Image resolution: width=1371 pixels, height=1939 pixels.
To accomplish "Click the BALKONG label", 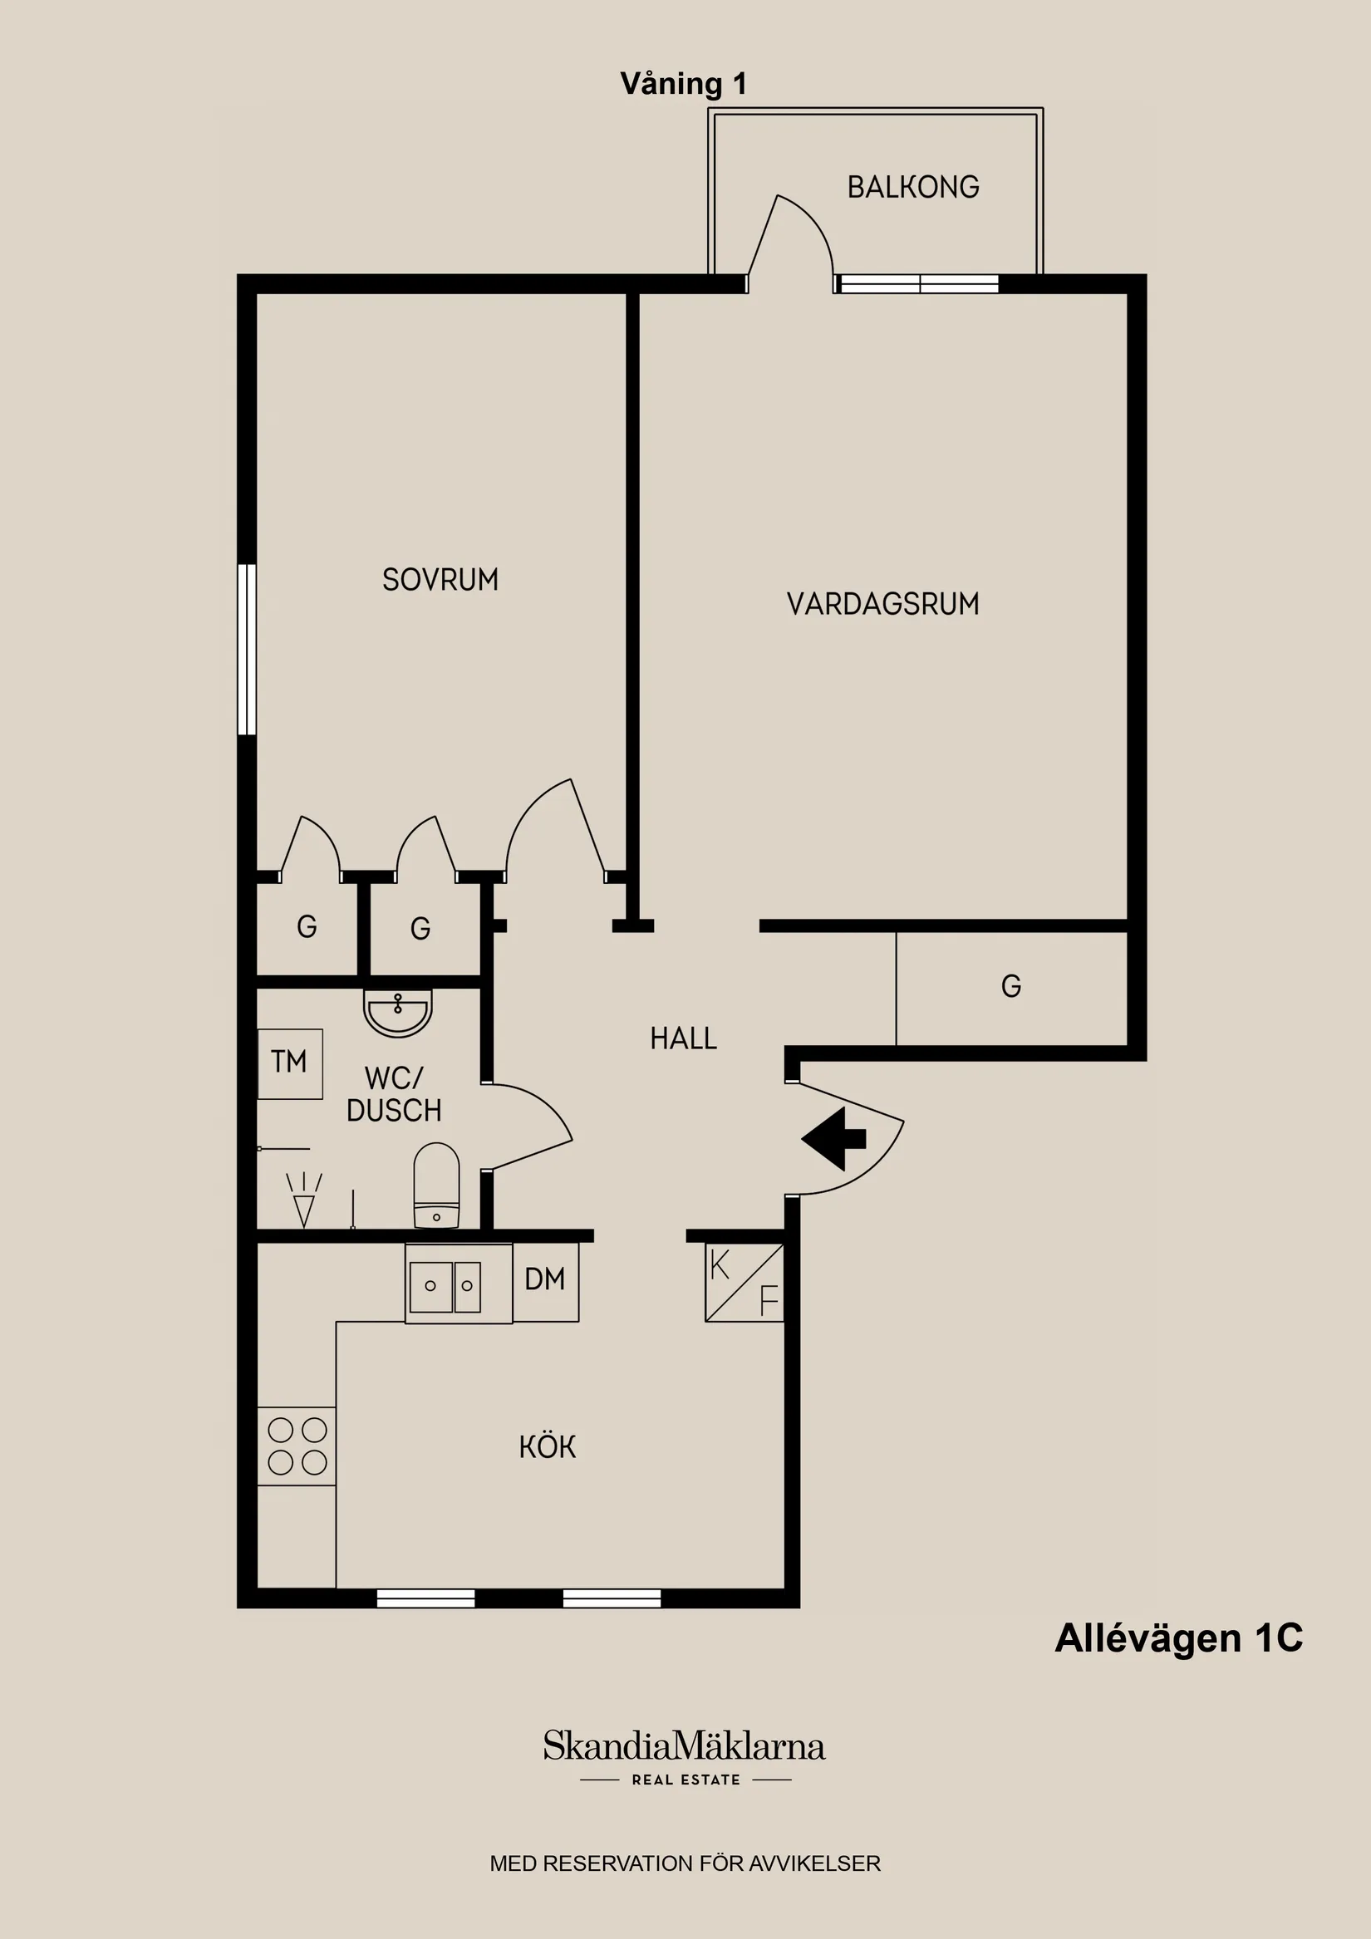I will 912,187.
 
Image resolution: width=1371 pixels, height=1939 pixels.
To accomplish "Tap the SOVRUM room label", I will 440,579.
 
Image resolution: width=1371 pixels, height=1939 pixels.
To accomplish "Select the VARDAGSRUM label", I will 882,604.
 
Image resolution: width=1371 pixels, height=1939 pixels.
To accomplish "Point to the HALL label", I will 682,1038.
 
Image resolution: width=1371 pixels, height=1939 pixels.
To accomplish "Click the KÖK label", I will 548,1447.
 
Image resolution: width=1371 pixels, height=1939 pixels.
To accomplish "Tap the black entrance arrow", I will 833,1139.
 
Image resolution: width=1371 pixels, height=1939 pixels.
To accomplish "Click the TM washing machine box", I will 290,1063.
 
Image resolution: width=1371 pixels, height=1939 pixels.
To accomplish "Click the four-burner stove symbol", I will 297,1446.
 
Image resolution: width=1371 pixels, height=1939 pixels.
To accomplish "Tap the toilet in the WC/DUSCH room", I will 436,1185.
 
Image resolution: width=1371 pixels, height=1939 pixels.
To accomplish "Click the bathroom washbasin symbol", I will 398,1013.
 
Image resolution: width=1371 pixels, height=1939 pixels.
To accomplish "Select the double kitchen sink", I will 446,1286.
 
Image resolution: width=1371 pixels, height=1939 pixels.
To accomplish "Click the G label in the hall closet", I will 1010,986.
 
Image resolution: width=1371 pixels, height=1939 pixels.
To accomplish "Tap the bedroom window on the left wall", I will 246,649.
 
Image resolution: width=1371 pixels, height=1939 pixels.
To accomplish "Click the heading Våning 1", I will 682,84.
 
